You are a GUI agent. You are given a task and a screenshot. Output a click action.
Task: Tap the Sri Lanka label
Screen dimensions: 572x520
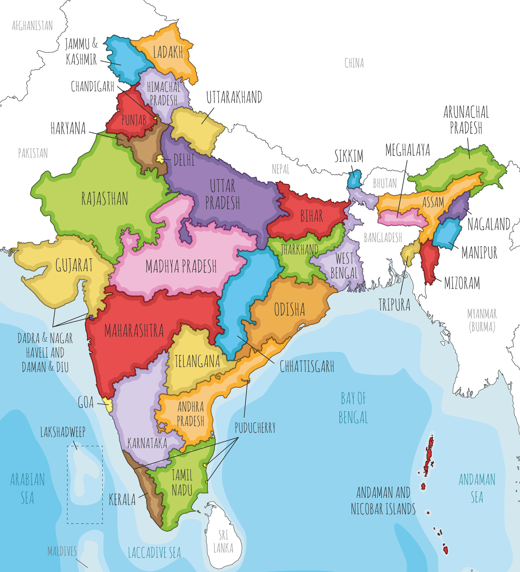[x=223, y=542]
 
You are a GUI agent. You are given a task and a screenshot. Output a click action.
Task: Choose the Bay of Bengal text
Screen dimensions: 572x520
[x=353, y=408]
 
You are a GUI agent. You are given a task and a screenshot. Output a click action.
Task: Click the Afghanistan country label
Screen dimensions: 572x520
[x=32, y=26]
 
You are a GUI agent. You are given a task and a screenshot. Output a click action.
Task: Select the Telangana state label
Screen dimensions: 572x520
[x=197, y=361]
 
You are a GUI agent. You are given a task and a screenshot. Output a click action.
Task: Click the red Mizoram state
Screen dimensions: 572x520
[x=430, y=262]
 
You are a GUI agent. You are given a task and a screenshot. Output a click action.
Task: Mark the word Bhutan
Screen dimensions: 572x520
[x=385, y=183]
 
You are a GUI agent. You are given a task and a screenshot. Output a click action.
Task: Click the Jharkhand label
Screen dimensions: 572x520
[x=299, y=249]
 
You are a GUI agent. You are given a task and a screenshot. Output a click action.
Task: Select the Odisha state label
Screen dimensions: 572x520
[x=289, y=309]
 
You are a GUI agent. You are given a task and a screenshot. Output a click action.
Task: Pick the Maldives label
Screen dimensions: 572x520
[x=62, y=551]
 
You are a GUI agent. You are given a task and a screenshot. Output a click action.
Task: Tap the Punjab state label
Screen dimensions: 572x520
[x=134, y=120]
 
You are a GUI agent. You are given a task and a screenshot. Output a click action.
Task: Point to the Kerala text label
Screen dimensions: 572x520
[x=122, y=500]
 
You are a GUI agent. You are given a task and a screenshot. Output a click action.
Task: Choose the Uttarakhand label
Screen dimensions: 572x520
[x=234, y=97]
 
